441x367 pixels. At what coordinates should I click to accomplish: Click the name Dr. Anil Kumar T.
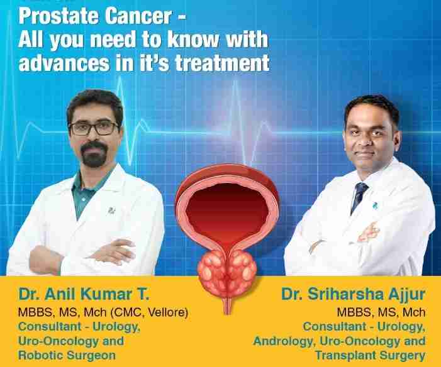(84, 294)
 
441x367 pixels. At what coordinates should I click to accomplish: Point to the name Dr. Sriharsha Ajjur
(354, 295)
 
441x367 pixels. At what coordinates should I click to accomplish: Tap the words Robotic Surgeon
(67, 355)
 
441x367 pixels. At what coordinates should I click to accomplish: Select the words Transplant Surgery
(370, 355)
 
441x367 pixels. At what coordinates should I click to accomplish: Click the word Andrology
(284, 341)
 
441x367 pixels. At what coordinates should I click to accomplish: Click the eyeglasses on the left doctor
(94, 128)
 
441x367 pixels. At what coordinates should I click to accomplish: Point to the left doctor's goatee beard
(93, 154)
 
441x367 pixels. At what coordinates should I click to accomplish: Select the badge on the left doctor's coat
(111, 210)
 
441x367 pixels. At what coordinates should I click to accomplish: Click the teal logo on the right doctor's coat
(374, 205)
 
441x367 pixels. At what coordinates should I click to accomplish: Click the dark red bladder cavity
(226, 211)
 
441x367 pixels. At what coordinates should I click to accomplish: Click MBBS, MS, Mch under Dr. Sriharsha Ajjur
(381, 312)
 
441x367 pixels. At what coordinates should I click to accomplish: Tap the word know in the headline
(193, 40)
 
